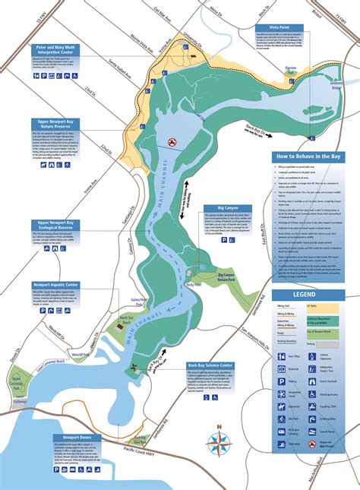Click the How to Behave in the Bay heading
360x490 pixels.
tap(308, 156)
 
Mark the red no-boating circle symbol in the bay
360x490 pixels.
tap(172, 141)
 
